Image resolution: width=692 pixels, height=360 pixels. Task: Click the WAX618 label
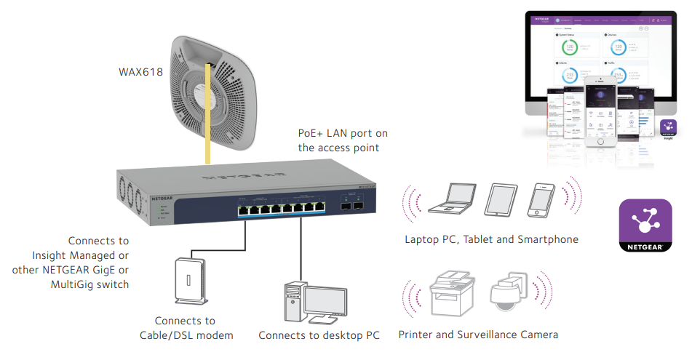pos(140,73)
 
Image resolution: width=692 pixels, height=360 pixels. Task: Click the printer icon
pos(452,293)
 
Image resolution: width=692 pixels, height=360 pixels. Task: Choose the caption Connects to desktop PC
pos(319,336)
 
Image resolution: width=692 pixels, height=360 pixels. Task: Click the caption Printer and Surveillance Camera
pos(478,335)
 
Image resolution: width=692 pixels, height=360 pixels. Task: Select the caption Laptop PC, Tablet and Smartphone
pos(492,239)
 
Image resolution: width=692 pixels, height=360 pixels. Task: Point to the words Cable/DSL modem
pos(186,335)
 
